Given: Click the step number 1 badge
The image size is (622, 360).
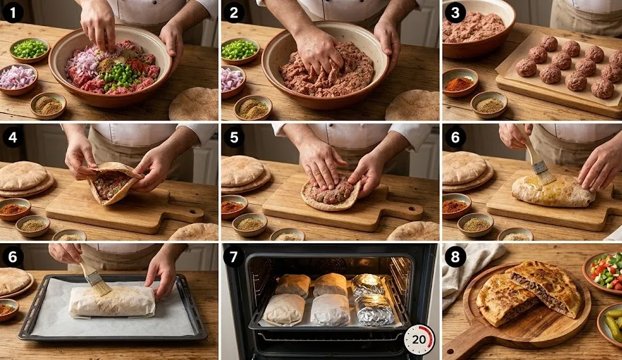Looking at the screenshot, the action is pyautogui.click(x=13, y=13).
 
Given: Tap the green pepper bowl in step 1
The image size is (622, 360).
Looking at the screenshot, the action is pyautogui.click(x=30, y=50).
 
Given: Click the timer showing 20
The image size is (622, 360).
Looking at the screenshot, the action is pyautogui.click(x=419, y=340).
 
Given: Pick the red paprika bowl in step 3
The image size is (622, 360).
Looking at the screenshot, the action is pyautogui.click(x=460, y=82).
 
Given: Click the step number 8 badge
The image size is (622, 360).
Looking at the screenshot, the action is pyautogui.click(x=455, y=257).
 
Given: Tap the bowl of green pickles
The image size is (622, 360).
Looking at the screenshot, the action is pyautogui.click(x=612, y=323).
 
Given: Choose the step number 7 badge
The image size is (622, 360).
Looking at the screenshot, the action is pyautogui.click(x=234, y=257).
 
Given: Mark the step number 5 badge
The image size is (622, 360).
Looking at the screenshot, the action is pyautogui.click(x=234, y=137).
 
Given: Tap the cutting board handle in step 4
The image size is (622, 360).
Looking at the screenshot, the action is pyautogui.click(x=186, y=214).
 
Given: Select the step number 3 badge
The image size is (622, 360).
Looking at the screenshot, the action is pyautogui.click(x=455, y=13).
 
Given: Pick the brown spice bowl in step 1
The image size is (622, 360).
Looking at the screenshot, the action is pyautogui.click(x=48, y=105).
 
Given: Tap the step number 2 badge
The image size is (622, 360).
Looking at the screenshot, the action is pyautogui.click(x=234, y=13).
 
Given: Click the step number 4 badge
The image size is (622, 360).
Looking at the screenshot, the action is pyautogui.click(x=13, y=137).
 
